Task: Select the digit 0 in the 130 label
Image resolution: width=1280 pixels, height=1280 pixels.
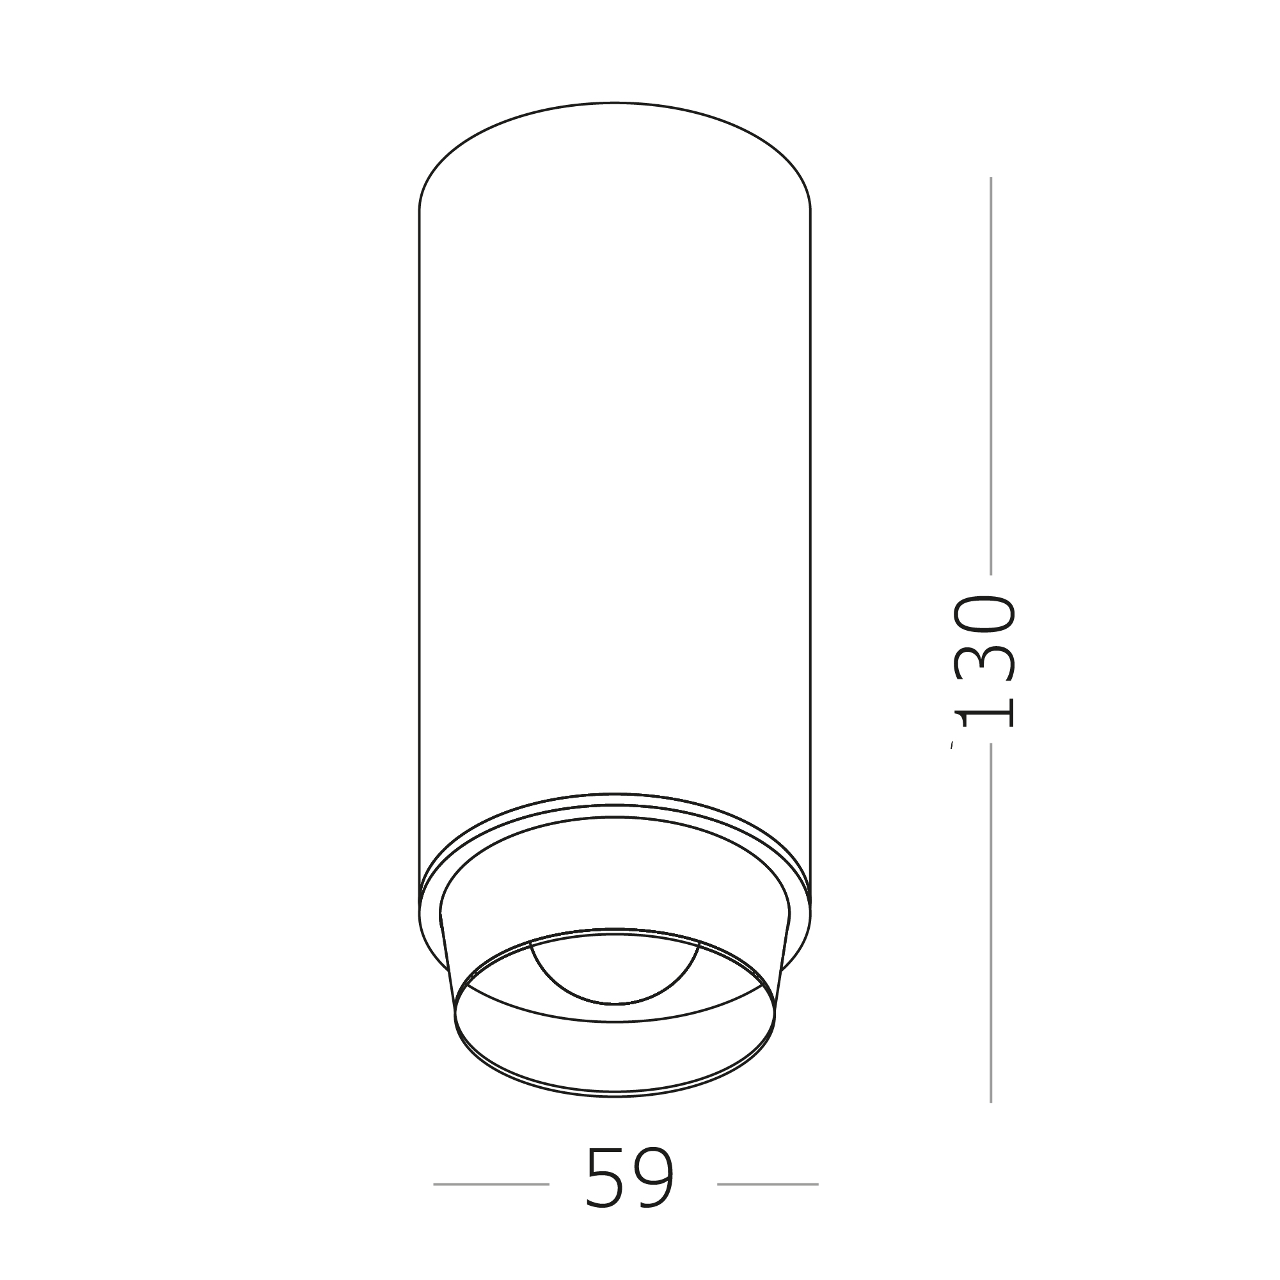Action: pos(984,613)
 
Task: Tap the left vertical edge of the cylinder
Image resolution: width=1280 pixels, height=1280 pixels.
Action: pos(420,530)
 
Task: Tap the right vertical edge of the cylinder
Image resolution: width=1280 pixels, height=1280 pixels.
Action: pos(810,530)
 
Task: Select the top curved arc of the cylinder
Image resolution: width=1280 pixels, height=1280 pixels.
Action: pos(615,103)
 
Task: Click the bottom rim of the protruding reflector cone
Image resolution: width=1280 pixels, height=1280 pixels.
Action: pos(615,1096)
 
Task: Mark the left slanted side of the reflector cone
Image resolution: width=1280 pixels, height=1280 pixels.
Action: pos(448,964)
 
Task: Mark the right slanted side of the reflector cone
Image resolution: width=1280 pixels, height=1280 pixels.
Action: pos(782,964)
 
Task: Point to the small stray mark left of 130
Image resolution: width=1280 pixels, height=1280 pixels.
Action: pos(951,746)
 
